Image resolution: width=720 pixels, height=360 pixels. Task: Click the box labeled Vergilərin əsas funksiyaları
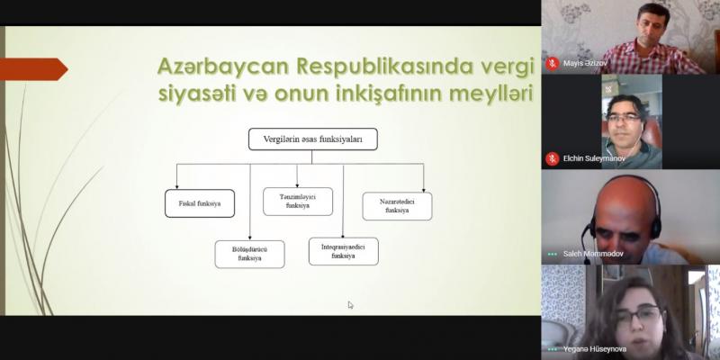(312, 139)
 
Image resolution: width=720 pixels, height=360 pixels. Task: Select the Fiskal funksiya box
(200, 203)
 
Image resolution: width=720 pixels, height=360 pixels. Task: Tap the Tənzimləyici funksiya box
(298, 201)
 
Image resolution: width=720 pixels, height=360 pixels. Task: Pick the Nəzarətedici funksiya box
(397, 206)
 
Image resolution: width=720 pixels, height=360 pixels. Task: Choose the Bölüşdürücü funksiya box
(250, 254)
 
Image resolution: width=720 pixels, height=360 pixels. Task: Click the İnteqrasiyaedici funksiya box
(344, 251)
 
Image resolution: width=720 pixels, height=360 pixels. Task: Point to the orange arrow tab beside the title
(34, 69)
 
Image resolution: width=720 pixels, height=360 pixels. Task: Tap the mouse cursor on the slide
(350, 305)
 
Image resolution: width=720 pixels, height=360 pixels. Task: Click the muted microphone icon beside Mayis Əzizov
(552, 64)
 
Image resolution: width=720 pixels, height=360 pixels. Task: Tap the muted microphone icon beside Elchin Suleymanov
(552, 159)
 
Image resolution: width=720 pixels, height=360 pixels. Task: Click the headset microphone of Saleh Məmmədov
(585, 244)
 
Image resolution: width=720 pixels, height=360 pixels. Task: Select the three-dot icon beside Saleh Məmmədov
(552, 254)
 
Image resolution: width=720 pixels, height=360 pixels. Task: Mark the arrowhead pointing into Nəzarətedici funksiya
(423, 189)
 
